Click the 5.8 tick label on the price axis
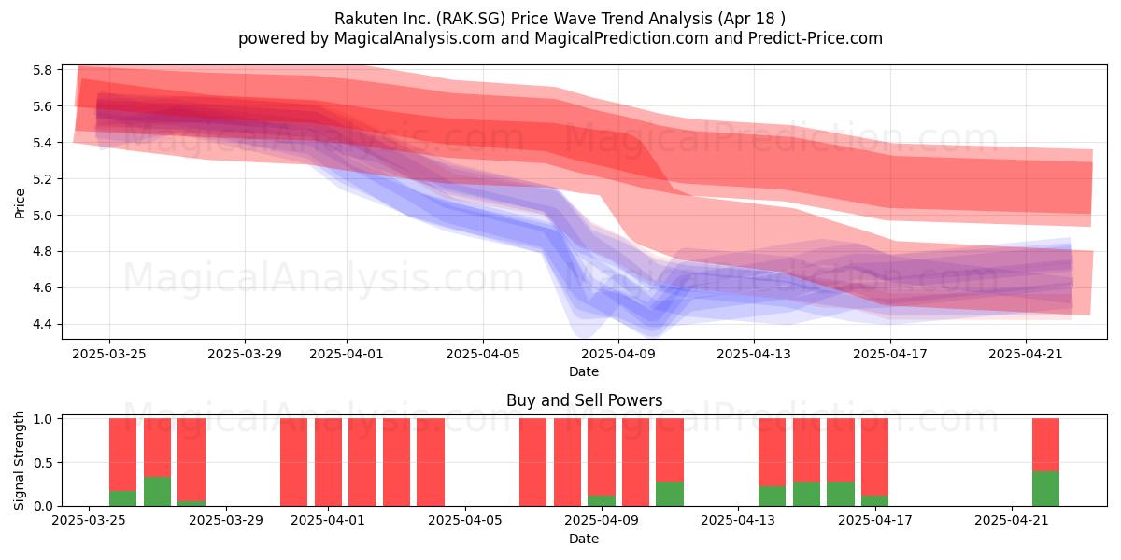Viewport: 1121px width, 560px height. pos(42,70)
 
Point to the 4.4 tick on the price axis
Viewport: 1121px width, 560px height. pos(42,325)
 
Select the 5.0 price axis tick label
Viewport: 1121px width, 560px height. pos(42,216)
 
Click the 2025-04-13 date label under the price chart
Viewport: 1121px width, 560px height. pos(754,354)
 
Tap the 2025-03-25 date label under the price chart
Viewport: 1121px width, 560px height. pos(109,354)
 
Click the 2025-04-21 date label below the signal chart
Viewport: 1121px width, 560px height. pos(1012,521)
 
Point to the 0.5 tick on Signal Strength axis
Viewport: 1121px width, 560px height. pos(42,463)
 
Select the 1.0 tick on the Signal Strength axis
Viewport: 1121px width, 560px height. pos(42,419)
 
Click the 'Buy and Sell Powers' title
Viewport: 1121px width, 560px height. pos(584,400)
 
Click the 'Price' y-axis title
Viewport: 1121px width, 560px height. pos(20,203)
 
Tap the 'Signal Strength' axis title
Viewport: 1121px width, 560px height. pos(19,460)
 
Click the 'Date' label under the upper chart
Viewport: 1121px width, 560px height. pos(584,371)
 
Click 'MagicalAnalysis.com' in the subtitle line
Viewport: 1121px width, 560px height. pos(415,38)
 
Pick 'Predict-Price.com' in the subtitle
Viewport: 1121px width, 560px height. pos(816,38)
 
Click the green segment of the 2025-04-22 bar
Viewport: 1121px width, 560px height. pos(1046,488)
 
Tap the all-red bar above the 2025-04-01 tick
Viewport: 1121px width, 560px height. pos(328,462)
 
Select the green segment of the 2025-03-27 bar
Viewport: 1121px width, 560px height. pos(157,492)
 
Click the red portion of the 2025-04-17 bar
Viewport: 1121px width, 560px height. pos(874,457)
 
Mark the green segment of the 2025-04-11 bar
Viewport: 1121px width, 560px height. pos(670,494)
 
